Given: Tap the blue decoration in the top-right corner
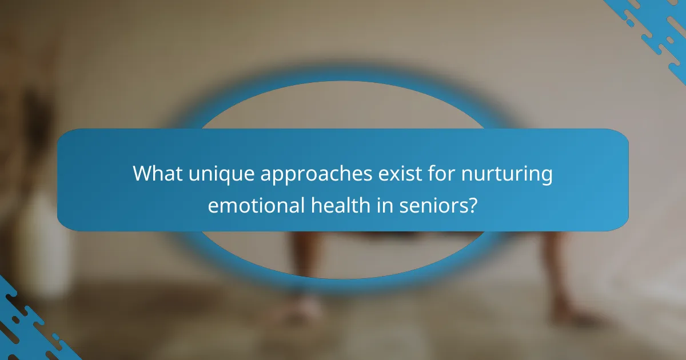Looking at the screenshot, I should pos(657,29).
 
